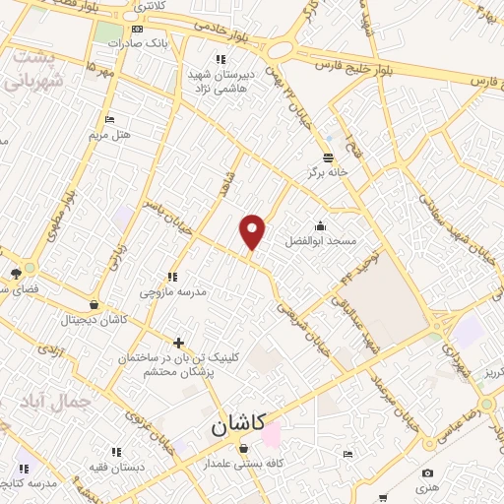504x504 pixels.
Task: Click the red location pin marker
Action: pos(253,231)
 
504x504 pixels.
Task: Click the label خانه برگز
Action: pos(327,172)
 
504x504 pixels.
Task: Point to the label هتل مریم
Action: pos(109,133)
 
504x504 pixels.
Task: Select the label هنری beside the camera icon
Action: pos(426,488)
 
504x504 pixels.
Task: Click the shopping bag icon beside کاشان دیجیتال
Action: pos(94,305)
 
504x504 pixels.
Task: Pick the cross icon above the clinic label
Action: pos(178,343)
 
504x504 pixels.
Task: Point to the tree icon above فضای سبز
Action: pos(16,274)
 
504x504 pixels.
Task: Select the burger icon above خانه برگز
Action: pos(327,157)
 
